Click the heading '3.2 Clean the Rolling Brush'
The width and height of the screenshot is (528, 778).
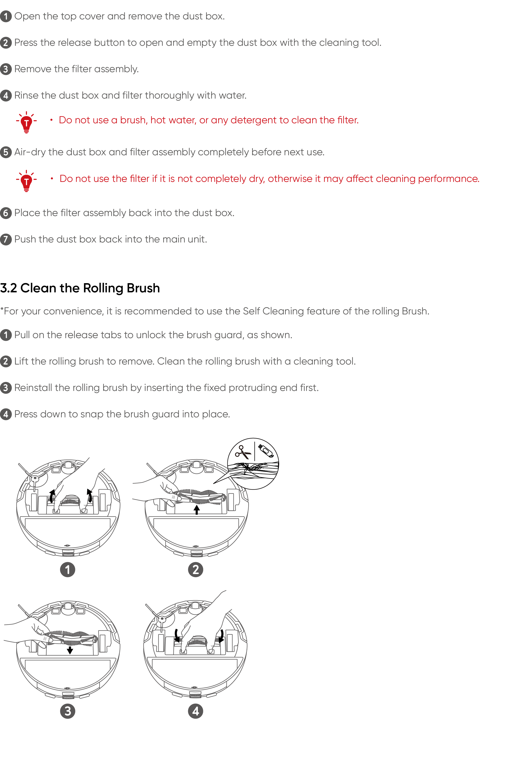[x=80, y=288]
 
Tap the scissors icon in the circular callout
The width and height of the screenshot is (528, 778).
[x=242, y=452]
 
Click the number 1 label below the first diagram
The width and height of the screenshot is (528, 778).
[x=68, y=569]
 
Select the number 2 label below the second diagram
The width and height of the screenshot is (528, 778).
[x=195, y=569]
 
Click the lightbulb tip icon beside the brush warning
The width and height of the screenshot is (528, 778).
[x=26, y=122]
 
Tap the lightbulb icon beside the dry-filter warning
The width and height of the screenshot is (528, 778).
[x=26, y=181]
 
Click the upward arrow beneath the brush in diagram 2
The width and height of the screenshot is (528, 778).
[x=197, y=510]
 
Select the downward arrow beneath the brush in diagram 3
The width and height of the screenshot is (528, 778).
[x=70, y=650]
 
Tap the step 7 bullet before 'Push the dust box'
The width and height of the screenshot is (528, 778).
[x=6, y=239]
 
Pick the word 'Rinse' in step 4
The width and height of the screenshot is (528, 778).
[x=26, y=95]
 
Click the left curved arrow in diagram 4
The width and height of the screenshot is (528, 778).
[x=177, y=635]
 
